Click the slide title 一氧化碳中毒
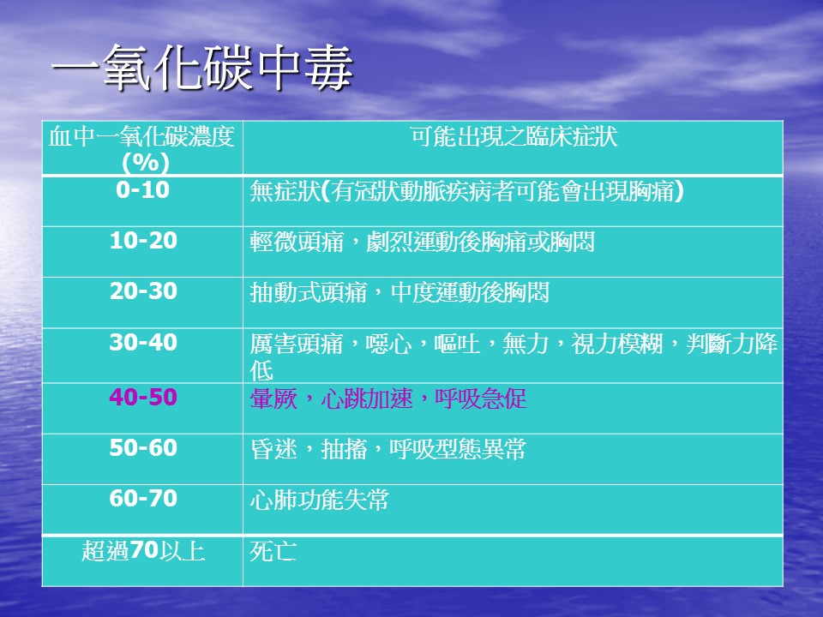[202, 67]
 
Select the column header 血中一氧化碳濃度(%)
[141, 149]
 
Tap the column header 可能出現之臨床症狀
[514, 136]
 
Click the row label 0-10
[143, 190]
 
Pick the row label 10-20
[143, 241]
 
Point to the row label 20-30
[143, 291]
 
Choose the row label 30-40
[143, 343]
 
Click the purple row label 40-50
[143, 397]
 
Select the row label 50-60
[143, 448]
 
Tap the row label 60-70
[143, 499]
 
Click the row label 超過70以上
[143, 551]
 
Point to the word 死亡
[273, 551]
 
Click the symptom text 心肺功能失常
[319, 500]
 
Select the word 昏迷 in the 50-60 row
[273, 449]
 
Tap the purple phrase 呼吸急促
[480, 398]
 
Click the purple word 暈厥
[273, 398]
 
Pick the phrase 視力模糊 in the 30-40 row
[617, 344]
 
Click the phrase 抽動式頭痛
[308, 293]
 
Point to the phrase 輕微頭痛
[297, 242]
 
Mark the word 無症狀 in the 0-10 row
[285, 191]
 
